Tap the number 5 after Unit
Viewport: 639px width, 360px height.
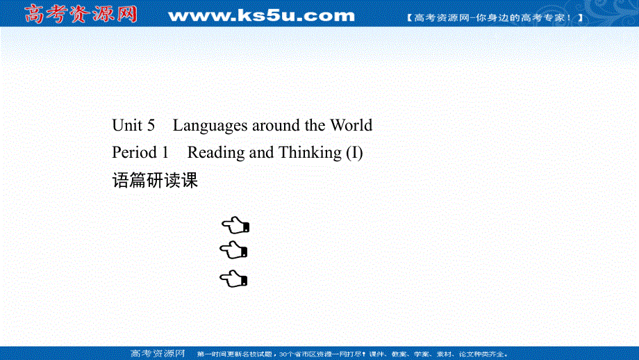coord(151,126)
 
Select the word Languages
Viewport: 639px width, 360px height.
coord(210,126)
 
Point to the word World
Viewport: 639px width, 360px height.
coord(351,126)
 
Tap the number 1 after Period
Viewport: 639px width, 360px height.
coord(165,152)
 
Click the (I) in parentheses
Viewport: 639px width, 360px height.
coord(354,152)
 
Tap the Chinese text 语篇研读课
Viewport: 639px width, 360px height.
coord(155,181)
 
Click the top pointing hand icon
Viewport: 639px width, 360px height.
coord(235,224)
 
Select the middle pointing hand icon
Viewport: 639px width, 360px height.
coord(235,250)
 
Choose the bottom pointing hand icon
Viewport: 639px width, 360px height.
coord(235,279)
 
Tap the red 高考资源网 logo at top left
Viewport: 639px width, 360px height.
coord(80,14)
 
